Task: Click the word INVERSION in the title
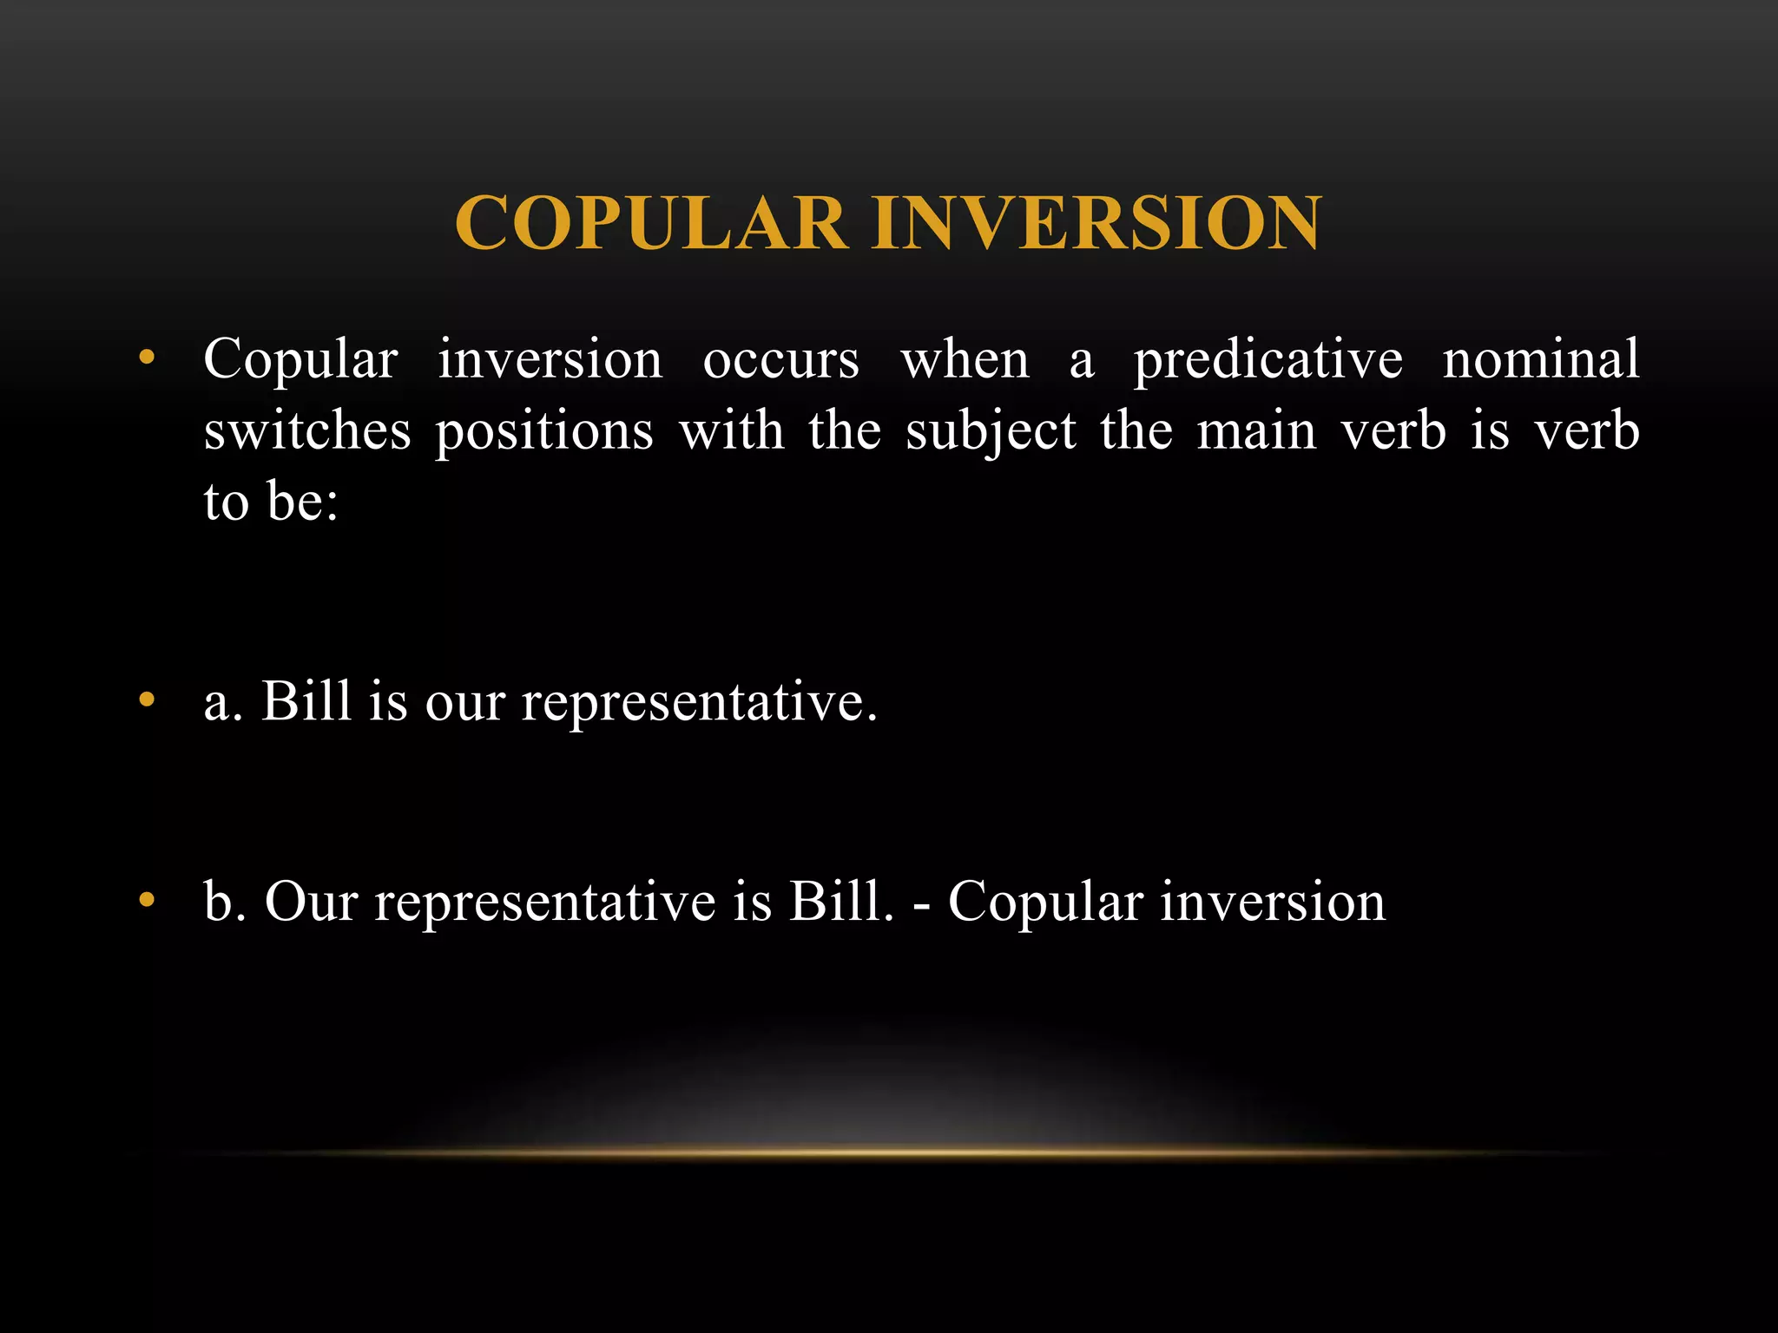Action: pyautogui.click(x=1096, y=223)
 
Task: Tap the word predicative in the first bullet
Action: pyautogui.click(x=1268, y=360)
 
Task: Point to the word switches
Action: pyautogui.click(x=306, y=430)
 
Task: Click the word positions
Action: pyautogui.click(x=543, y=432)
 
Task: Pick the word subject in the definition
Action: pyautogui.click(x=991, y=432)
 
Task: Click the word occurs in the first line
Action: pyautogui.click(x=780, y=360)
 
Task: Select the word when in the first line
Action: pyautogui.click(x=965, y=360)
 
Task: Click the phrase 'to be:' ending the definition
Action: pyautogui.click(x=271, y=502)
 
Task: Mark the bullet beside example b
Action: pyautogui.click(x=147, y=900)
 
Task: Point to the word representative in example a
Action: pyautogui.click(x=698, y=701)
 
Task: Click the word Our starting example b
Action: pyautogui.click(x=311, y=901)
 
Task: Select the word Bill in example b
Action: pyautogui.click(x=840, y=901)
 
